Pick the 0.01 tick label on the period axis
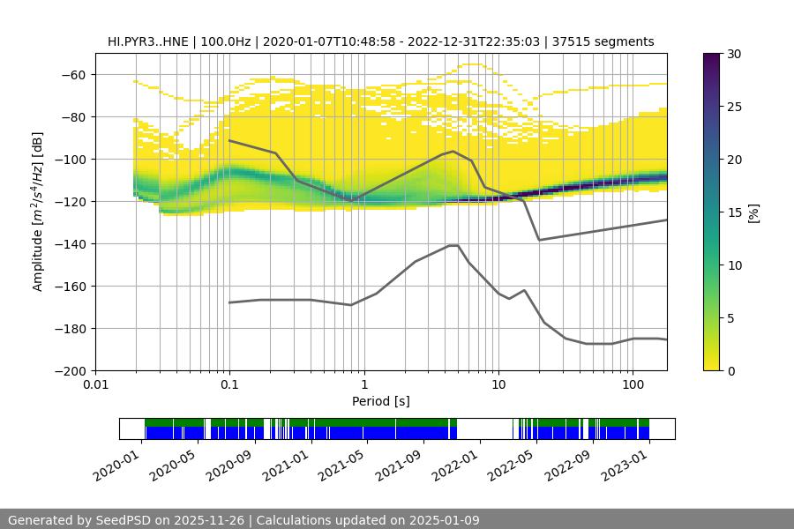(95, 385)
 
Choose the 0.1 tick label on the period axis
(229, 385)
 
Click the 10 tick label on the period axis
(498, 385)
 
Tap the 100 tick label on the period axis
(632, 385)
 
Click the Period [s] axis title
(381, 401)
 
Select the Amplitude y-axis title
(38, 212)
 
